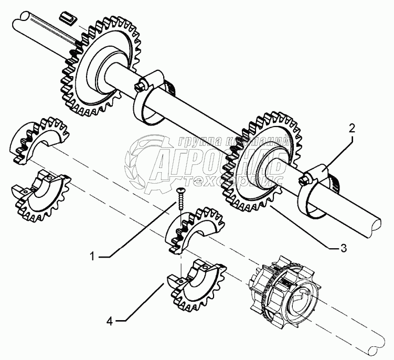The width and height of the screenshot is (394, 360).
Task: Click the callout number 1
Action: pos(92,257)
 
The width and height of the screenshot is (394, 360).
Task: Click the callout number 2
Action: pos(352,128)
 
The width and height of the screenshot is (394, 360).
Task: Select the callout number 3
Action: pos(343,248)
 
